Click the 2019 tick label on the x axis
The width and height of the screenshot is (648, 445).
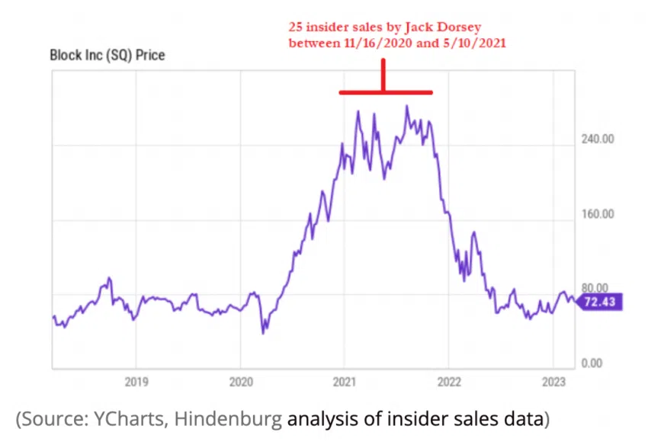136,381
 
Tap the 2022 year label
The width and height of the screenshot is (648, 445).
449,381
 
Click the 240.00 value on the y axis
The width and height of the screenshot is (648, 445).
597,139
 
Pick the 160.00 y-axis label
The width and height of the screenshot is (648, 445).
597,213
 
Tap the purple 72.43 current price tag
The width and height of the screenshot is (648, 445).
599,303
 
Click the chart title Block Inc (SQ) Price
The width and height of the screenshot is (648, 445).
107,55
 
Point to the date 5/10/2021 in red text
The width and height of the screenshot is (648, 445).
473,43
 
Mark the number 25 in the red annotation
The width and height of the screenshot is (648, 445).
295,27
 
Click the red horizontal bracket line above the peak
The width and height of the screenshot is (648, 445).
386,92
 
